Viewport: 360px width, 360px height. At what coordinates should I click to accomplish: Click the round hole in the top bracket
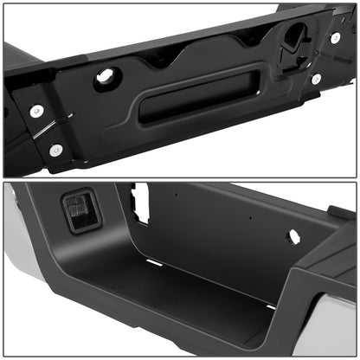(x=105, y=76)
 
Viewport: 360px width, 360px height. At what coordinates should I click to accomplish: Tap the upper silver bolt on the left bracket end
(x=35, y=111)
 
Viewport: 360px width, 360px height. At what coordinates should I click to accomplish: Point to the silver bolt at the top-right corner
(x=335, y=38)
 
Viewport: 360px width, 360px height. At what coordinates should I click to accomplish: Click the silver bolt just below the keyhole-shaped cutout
(x=317, y=79)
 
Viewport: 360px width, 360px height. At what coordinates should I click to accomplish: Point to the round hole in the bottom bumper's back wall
(x=293, y=235)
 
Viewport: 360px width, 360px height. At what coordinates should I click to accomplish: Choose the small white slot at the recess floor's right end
(x=271, y=305)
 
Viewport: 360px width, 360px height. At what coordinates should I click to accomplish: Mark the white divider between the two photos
(x=180, y=180)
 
